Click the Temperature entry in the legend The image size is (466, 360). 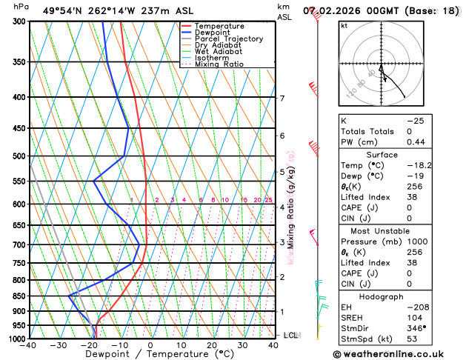(x=221, y=26)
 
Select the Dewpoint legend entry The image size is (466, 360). (x=213, y=33)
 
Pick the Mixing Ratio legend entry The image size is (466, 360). (x=219, y=64)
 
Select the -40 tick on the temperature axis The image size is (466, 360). (x=29, y=346)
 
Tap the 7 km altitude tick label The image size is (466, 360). (x=282, y=99)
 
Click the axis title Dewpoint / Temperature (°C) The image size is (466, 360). (x=150, y=354)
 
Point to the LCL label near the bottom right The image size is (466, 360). (x=290, y=336)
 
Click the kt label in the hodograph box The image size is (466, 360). (x=344, y=25)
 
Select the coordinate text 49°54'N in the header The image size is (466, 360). (x=63, y=11)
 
